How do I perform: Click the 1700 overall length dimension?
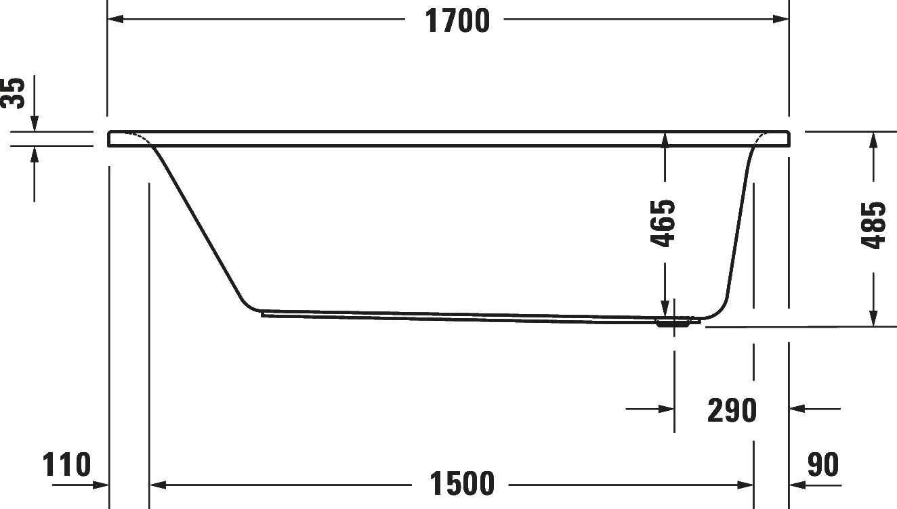pos(457,21)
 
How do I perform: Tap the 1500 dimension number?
pos(462,483)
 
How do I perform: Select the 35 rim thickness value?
pos(12,93)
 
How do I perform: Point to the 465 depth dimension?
pos(663,223)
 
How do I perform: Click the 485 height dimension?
pos(873,225)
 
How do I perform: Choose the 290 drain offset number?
pos(732,411)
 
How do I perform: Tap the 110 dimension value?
pos(67,464)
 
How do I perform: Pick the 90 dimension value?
pos(823,464)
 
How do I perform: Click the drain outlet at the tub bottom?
pos(673,322)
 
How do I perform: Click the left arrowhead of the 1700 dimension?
pos(115,19)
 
